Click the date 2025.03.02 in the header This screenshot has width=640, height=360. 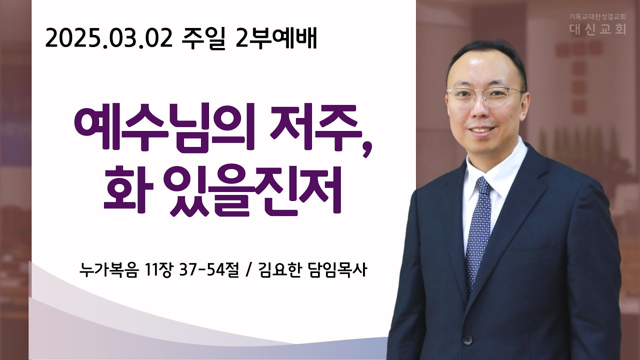pyautogui.click(x=109, y=39)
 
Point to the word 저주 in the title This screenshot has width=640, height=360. pyautogui.click(x=314, y=127)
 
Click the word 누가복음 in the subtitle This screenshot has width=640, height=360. pyautogui.click(x=109, y=269)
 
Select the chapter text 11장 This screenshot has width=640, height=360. pyautogui.click(x=159, y=269)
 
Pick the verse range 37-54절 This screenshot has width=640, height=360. pyautogui.click(x=209, y=269)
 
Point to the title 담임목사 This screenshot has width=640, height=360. pyautogui.click(x=337, y=269)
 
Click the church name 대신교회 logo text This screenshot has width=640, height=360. pyautogui.click(x=597, y=29)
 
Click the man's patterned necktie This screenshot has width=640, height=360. pyautogui.click(x=479, y=231)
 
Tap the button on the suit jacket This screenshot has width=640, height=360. pyautogui.click(x=467, y=340)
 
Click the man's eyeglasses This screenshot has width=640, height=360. pyautogui.click(x=485, y=96)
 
